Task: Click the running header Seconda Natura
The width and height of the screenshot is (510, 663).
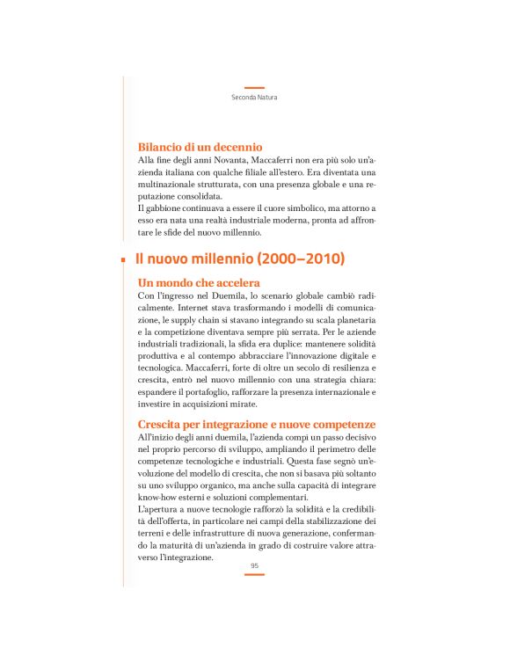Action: click(x=254, y=97)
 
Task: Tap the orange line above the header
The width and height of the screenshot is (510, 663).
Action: click(x=254, y=88)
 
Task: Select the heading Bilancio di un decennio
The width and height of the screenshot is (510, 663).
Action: click(x=201, y=147)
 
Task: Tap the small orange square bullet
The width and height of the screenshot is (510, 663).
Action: click(x=124, y=260)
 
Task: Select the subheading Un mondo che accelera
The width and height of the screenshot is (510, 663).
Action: click(x=199, y=283)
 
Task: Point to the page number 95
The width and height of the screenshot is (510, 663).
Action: click(x=254, y=566)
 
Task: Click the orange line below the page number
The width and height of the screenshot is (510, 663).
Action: click(x=254, y=575)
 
